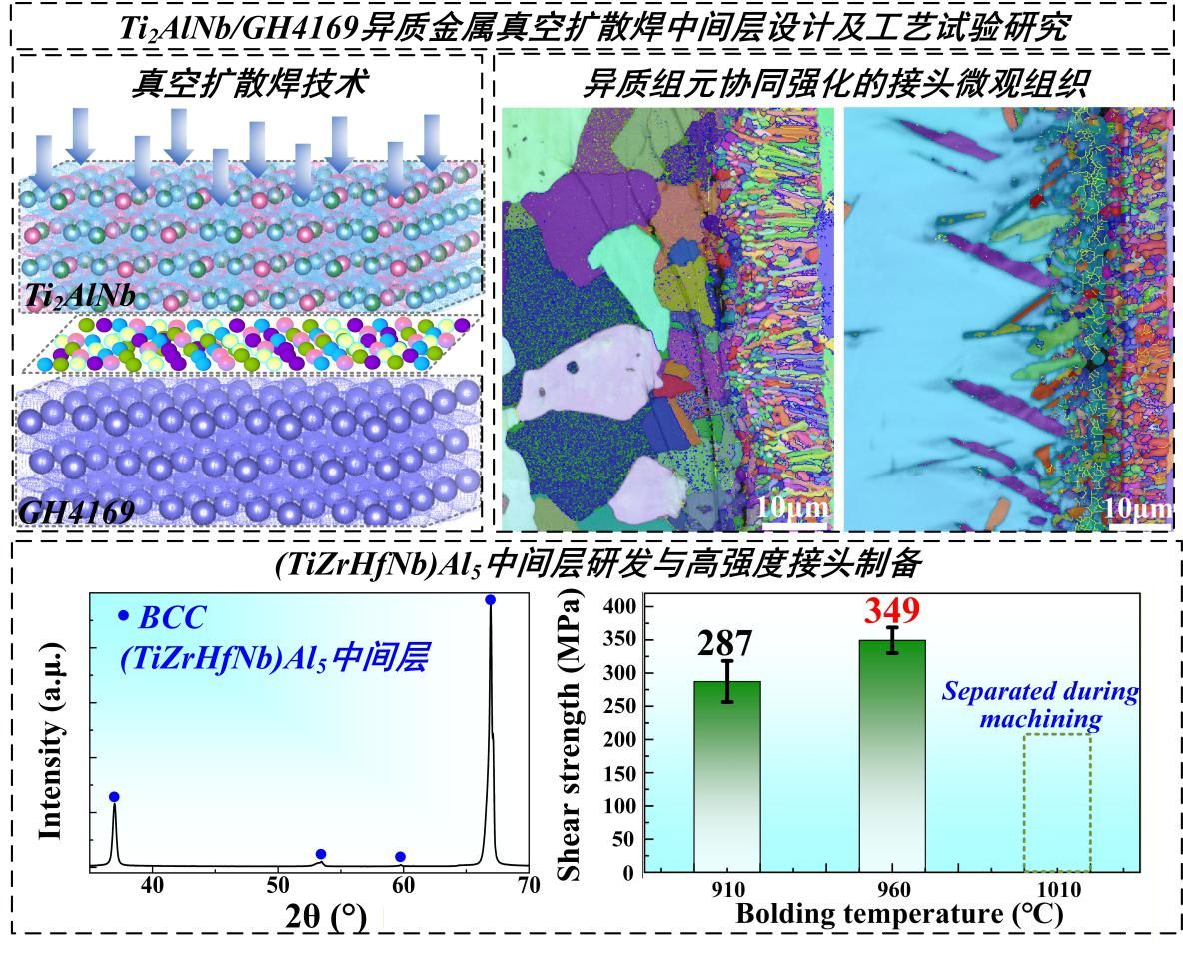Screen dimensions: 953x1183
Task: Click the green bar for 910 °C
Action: click(x=727, y=776)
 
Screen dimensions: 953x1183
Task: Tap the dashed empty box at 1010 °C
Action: click(x=1057, y=803)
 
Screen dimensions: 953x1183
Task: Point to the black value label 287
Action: click(x=726, y=645)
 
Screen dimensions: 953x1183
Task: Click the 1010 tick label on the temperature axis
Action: click(x=1057, y=889)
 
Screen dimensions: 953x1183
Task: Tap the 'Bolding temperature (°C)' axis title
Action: click(x=899, y=913)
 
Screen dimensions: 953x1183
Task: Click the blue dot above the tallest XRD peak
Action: click(x=490, y=600)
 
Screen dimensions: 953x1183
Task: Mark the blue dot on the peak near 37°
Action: click(x=114, y=796)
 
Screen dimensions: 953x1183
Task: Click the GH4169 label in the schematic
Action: click(x=76, y=513)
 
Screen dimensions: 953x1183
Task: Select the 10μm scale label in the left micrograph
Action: click(x=792, y=507)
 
